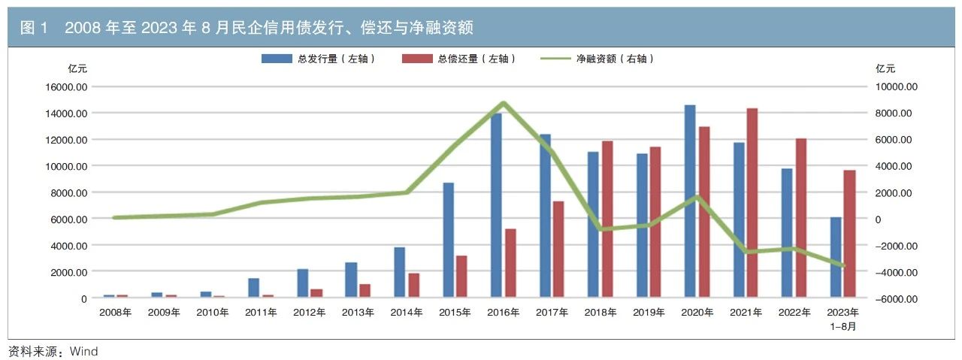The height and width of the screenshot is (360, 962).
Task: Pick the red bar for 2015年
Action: point(461,277)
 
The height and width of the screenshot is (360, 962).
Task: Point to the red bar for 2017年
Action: point(558,250)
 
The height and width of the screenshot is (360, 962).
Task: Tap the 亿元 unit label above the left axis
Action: point(77,68)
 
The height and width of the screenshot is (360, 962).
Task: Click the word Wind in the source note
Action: point(86,351)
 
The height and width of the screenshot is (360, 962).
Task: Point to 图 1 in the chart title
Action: point(35,29)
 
